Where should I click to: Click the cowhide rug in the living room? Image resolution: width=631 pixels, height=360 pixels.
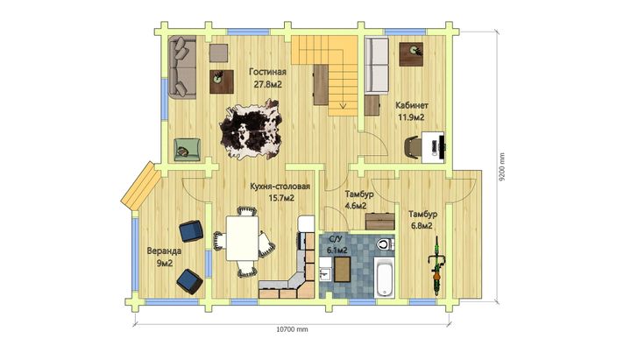coord(251,130)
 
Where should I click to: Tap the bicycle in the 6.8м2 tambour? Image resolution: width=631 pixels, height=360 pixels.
coord(436,266)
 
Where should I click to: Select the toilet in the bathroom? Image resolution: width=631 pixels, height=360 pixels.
coord(385,244)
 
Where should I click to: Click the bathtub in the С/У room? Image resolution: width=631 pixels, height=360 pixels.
coord(384,278)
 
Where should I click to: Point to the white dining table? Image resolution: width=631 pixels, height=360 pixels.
coord(242,238)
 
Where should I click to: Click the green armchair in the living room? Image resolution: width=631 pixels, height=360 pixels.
coord(187,149)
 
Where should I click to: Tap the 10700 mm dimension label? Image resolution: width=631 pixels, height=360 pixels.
coord(292,329)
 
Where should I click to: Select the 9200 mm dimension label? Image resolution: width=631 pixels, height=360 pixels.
coord(502,167)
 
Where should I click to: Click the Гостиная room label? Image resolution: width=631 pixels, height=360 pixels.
coord(267,72)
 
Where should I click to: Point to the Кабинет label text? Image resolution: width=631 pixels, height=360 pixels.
coord(412,105)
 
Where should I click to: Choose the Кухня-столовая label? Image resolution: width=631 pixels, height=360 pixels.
coord(280,187)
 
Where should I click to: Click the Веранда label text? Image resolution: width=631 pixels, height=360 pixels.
coord(164,251)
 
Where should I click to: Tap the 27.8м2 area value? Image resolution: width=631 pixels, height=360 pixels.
coord(267,84)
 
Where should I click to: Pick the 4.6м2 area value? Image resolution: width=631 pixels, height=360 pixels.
coord(356,206)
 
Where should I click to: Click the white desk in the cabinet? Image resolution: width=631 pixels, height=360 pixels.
coord(433,147)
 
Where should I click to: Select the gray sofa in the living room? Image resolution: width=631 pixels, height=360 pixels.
coord(182,67)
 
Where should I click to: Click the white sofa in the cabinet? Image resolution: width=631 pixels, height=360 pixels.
coord(377,65)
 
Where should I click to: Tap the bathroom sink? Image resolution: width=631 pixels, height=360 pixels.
coord(325,275)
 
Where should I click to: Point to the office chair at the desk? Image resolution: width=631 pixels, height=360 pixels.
coord(412,146)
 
